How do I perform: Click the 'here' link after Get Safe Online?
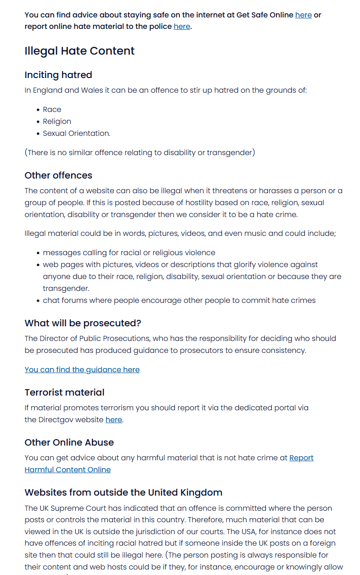303,15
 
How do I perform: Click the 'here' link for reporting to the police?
181,26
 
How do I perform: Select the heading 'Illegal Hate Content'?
79,50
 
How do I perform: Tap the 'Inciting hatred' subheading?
58,75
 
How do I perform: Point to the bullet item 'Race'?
52,109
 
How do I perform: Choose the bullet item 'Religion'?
57,121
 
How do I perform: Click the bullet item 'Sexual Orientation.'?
76,133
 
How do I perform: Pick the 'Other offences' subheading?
58,175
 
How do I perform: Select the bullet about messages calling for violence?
129,252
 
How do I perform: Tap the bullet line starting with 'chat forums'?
179,300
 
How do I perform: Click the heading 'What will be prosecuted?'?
83,323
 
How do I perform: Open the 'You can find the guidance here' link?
82,369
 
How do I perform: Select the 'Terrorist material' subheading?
64,392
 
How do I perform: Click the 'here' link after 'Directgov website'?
113,419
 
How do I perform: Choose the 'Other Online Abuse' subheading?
69,442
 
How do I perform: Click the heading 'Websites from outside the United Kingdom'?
123,492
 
